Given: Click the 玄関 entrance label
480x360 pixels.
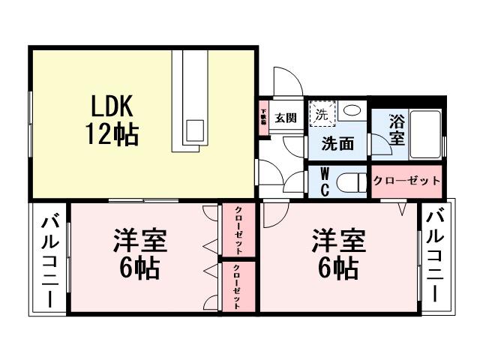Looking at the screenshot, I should pos(285,118).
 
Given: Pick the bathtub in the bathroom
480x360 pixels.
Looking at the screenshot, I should pos(425,132).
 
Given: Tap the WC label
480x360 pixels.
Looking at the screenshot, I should pos(325,181).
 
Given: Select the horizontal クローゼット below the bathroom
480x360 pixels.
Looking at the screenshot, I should pos(407,181).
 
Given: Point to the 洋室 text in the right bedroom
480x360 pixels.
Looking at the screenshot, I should pos(340,241).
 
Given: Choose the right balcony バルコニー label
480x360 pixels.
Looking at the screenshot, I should pos(434,256).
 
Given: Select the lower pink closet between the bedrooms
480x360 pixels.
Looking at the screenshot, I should pos(238,286).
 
